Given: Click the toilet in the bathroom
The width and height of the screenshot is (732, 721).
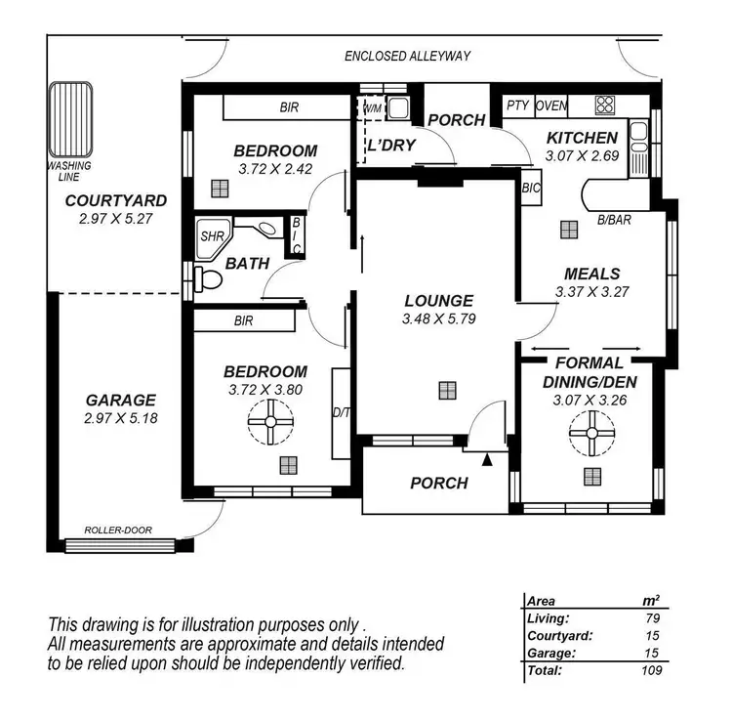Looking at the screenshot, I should tap(207, 279).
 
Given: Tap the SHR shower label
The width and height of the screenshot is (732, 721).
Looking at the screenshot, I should tap(212, 235).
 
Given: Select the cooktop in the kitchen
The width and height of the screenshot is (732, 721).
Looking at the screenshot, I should tap(605, 106).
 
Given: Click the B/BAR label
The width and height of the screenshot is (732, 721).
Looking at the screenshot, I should tap(614, 220).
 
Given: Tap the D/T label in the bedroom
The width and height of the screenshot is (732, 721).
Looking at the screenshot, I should tap(341, 413).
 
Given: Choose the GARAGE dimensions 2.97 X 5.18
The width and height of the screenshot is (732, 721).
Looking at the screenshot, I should tap(121, 418).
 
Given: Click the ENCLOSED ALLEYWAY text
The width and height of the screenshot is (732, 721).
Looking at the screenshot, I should tap(407, 56).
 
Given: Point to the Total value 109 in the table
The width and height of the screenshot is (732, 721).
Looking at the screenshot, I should tap(652, 670).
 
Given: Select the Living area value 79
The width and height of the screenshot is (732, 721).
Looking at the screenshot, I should tap(652, 617).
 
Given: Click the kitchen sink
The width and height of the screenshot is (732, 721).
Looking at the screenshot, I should tap(639, 139).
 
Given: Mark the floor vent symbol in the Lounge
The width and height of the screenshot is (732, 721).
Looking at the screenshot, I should tap(446, 390).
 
